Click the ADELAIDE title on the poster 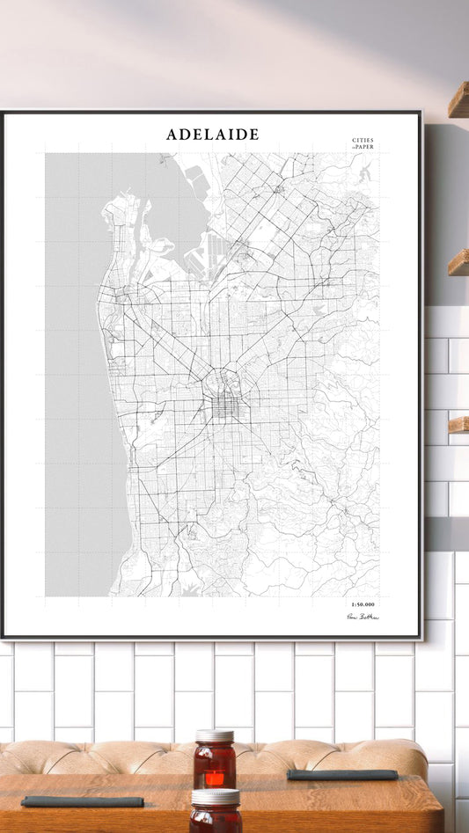coord(213,135)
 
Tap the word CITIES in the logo coord(363,141)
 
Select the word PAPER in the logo coord(364,147)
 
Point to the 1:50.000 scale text coord(362,604)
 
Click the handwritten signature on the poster coord(363,617)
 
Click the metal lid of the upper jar coord(216,736)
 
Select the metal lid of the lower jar coord(216,796)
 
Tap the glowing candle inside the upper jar coord(215,778)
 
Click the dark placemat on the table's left coord(82,801)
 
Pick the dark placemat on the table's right coord(342,775)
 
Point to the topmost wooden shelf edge coord(458,101)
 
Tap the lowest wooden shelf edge coord(458,424)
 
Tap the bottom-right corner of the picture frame coord(421,637)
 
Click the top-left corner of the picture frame coord(3,113)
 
